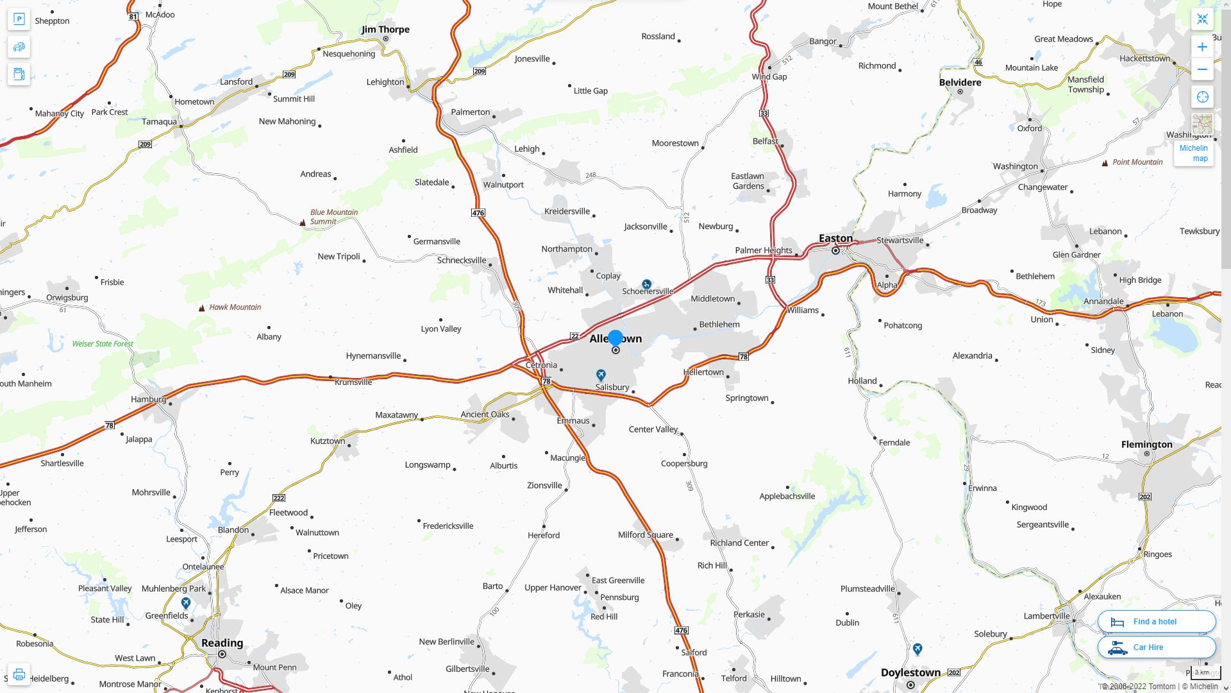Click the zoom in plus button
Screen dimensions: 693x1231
click(x=1202, y=47)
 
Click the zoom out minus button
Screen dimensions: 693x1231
click(x=1202, y=70)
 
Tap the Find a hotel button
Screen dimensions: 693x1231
click(x=1156, y=622)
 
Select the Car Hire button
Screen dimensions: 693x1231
click(x=1156, y=647)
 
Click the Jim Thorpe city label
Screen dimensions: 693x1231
click(x=385, y=30)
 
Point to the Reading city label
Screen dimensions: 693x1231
click(x=222, y=643)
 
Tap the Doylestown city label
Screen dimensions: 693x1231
click(x=910, y=672)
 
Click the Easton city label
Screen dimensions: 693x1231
click(x=835, y=239)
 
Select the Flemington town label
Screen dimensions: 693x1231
click(x=1146, y=444)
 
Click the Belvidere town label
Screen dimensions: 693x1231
click(x=960, y=82)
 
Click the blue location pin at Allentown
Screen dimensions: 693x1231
click(x=615, y=338)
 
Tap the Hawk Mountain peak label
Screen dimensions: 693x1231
click(x=235, y=307)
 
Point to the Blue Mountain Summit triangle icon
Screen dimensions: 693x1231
click(x=303, y=223)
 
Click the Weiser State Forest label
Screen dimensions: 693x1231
click(x=103, y=344)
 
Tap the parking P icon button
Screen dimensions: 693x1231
click(x=19, y=19)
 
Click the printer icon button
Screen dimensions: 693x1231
click(x=19, y=674)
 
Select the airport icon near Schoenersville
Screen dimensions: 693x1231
click(x=646, y=284)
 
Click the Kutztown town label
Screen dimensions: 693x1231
click(x=327, y=441)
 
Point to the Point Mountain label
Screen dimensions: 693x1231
click(x=1137, y=162)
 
